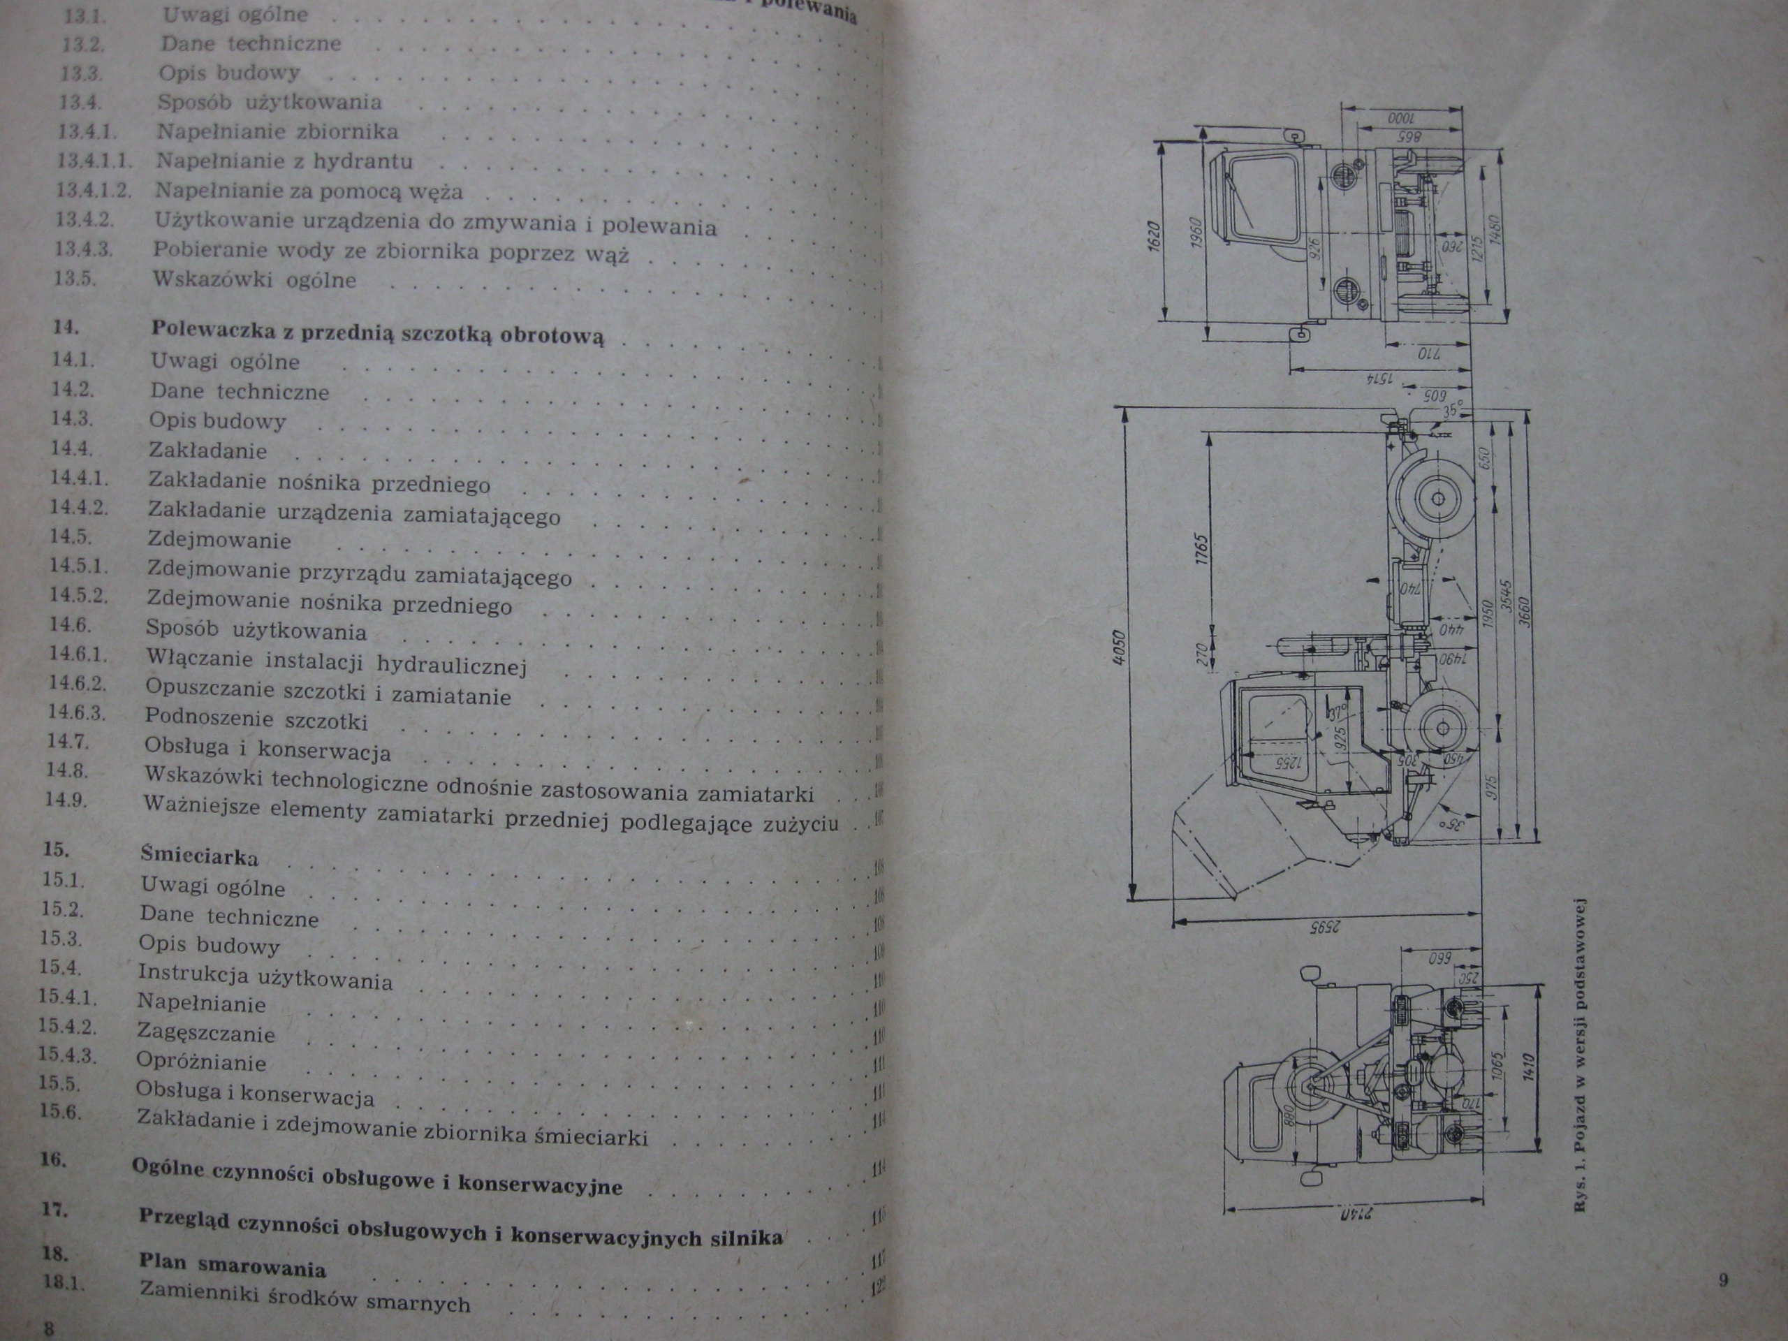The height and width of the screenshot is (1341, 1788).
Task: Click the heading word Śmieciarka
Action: [x=199, y=855]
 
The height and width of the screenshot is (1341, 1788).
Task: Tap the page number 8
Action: [x=48, y=1328]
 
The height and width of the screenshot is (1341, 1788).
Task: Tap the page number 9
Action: [x=1723, y=1280]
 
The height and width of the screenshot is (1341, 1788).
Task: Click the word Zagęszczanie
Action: [x=205, y=1032]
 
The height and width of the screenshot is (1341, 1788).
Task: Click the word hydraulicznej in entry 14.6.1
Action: [x=452, y=664]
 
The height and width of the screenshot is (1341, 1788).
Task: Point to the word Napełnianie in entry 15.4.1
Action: [x=201, y=1003]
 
